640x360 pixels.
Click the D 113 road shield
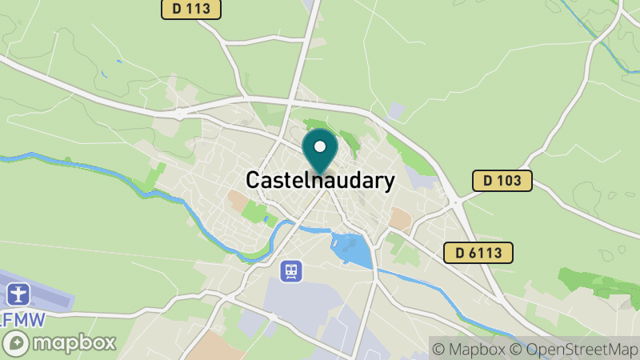(x=190, y=9)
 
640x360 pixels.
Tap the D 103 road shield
(x=502, y=180)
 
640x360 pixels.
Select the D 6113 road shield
(x=478, y=253)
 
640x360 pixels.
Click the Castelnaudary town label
(x=320, y=180)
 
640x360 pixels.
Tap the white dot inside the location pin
(x=321, y=146)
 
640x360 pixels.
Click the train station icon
(x=290, y=271)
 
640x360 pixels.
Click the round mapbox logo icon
(x=17, y=343)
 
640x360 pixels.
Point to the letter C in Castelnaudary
(x=254, y=181)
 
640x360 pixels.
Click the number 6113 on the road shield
(x=486, y=253)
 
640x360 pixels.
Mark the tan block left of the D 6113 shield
(x=400, y=218)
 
